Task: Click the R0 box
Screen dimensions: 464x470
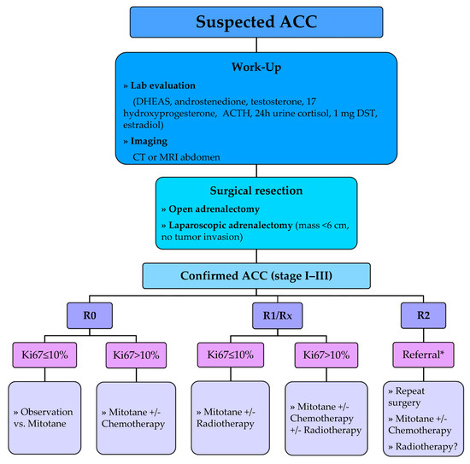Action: click(87, 317)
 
